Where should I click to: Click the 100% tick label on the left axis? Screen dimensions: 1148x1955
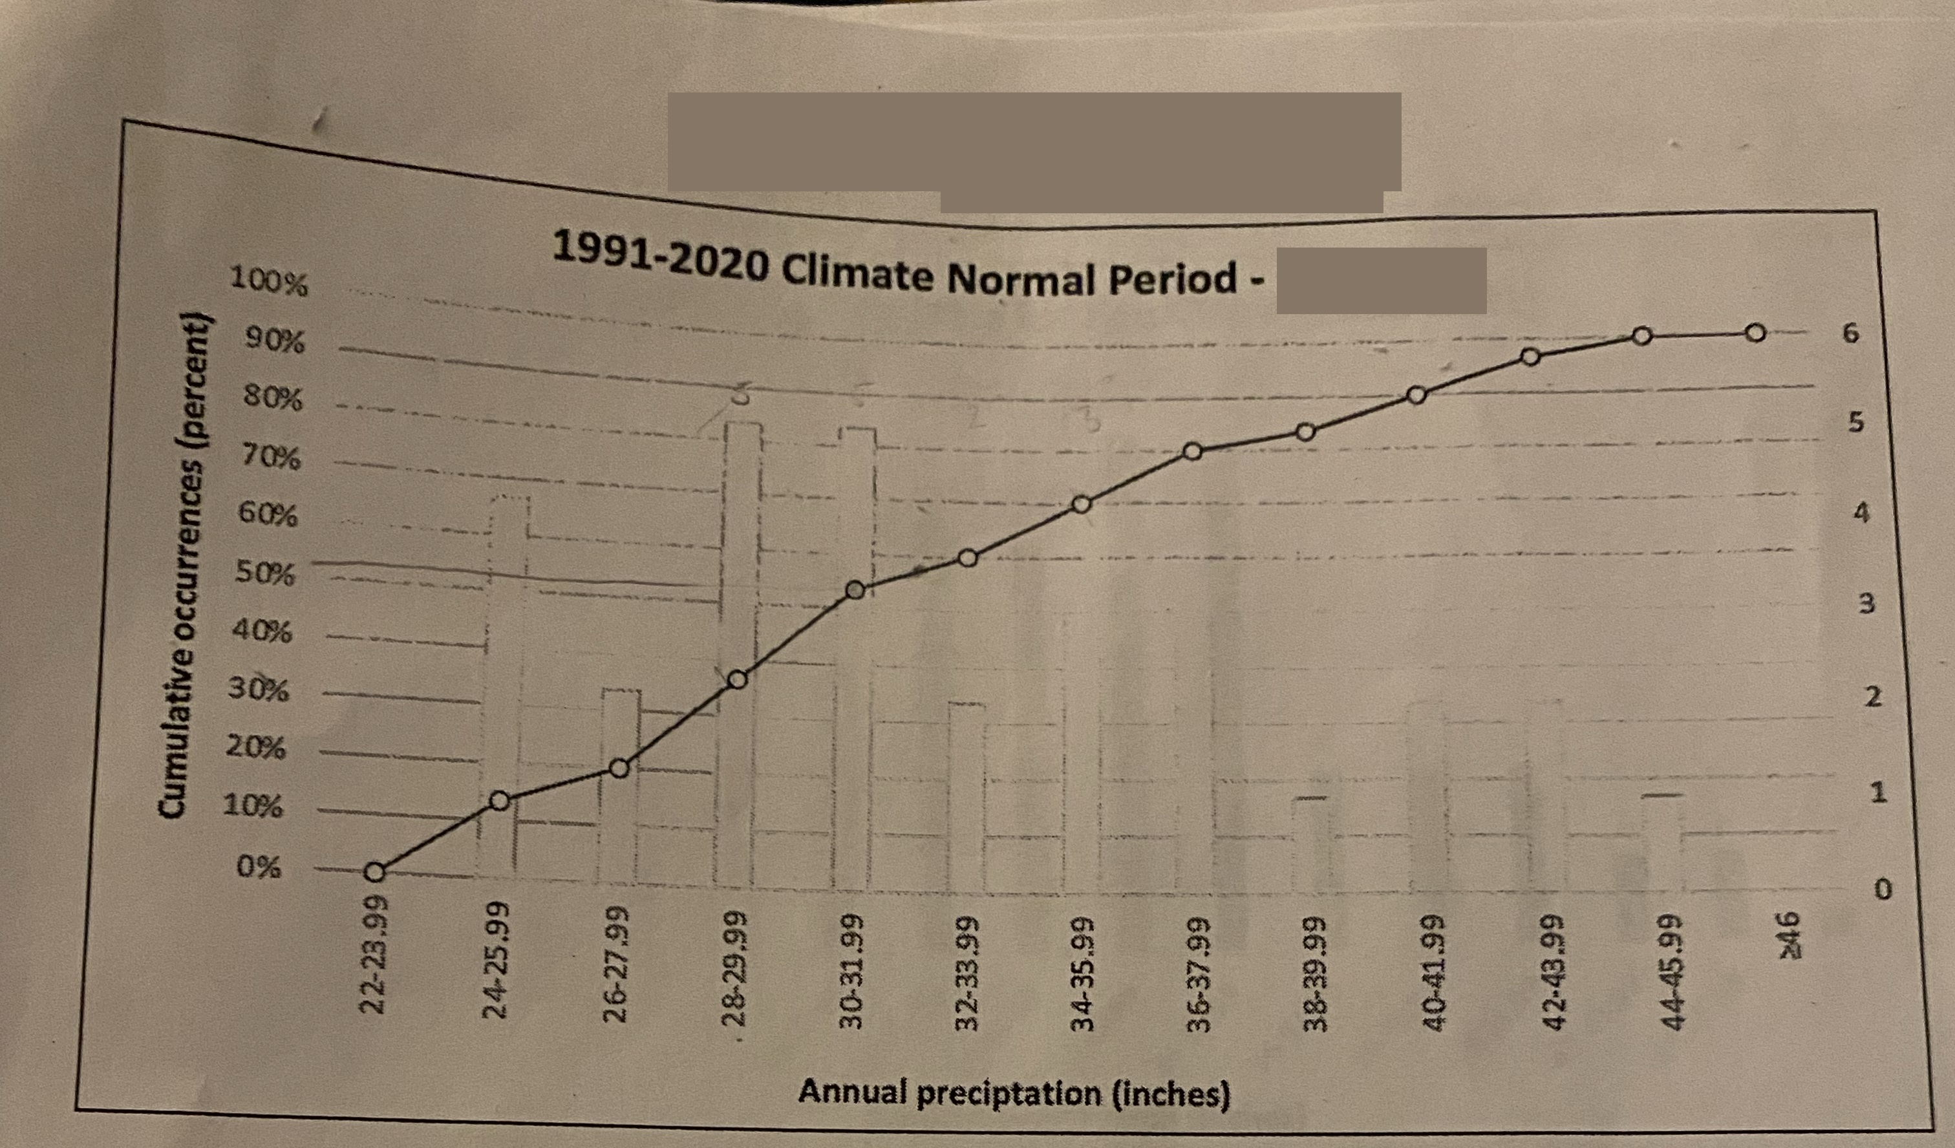[x=268, y=283]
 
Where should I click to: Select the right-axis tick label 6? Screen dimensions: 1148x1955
[x=1851, y=334]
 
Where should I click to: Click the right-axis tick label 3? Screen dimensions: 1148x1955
[x=1866, y=604]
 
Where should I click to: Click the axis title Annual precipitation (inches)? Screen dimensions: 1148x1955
[x=1014, y=1093]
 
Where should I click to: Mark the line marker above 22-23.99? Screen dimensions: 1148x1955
[x=374, y=872]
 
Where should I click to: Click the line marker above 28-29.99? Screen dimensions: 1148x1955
[x=738, y=679]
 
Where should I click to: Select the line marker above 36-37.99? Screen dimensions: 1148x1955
[x=1193, y=451]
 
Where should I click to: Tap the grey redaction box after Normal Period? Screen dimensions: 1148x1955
[x=1381, y=280]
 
